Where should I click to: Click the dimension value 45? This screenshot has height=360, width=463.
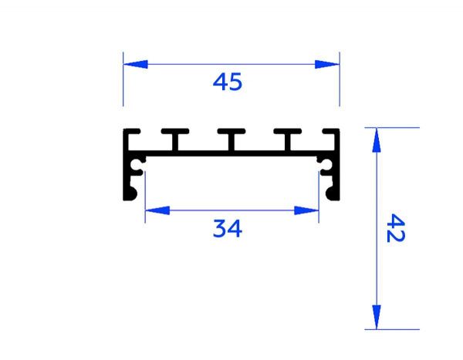pyautogui.click(x=228, y=82)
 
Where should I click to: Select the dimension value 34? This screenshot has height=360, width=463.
pyautogui.click(x=228, y=228)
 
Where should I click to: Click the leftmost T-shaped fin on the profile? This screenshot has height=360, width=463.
pyautogui.click(x=175, y=139)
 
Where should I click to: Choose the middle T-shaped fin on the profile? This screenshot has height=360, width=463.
pyautogui.click(x=231, y=139)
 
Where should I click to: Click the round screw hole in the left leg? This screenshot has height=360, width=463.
pyautogui.click(x=138, y=165)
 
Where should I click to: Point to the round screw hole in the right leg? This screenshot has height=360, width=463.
pyautogui.click(x=324, y=165)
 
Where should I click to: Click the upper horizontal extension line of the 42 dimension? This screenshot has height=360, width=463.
pyautogui.click(x=394, y=127)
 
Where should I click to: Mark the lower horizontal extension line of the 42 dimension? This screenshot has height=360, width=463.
pyautogui.click(x=394, y=329)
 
